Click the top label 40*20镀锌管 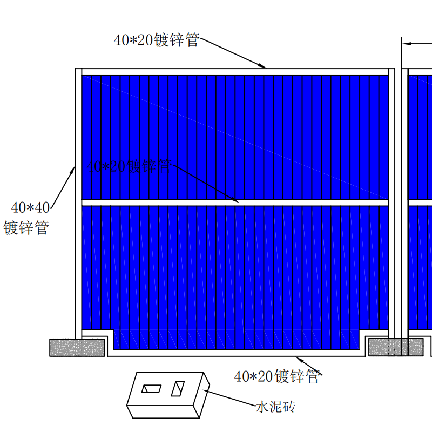pyautogui.click(x=157, y=40)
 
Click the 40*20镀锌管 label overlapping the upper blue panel pyautogui.click(x=129, y=166)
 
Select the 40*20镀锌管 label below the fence pyautogui.click(x=277, y=376)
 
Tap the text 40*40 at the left pyautogui.click(x=31, y=207)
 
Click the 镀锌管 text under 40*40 pyautogui.click(x=26, y=228)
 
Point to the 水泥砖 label pyautogui.click(x=275, y=407)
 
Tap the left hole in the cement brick pyautogui.click(x=151, y=389)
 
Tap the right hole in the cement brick pyautogui.click(x=178, y=388)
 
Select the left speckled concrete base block pyautogui.click(x=77, y=347)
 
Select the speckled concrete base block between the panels pyautogui.click(x=395, y=347)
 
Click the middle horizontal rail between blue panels pyautogui.click(x=235, y=202)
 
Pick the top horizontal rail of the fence pyautogui.click(x=235, y=71)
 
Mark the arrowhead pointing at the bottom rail pyautogui.click(x=300, y=359)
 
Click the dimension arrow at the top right pyautogui.click(x=408, y=43)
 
